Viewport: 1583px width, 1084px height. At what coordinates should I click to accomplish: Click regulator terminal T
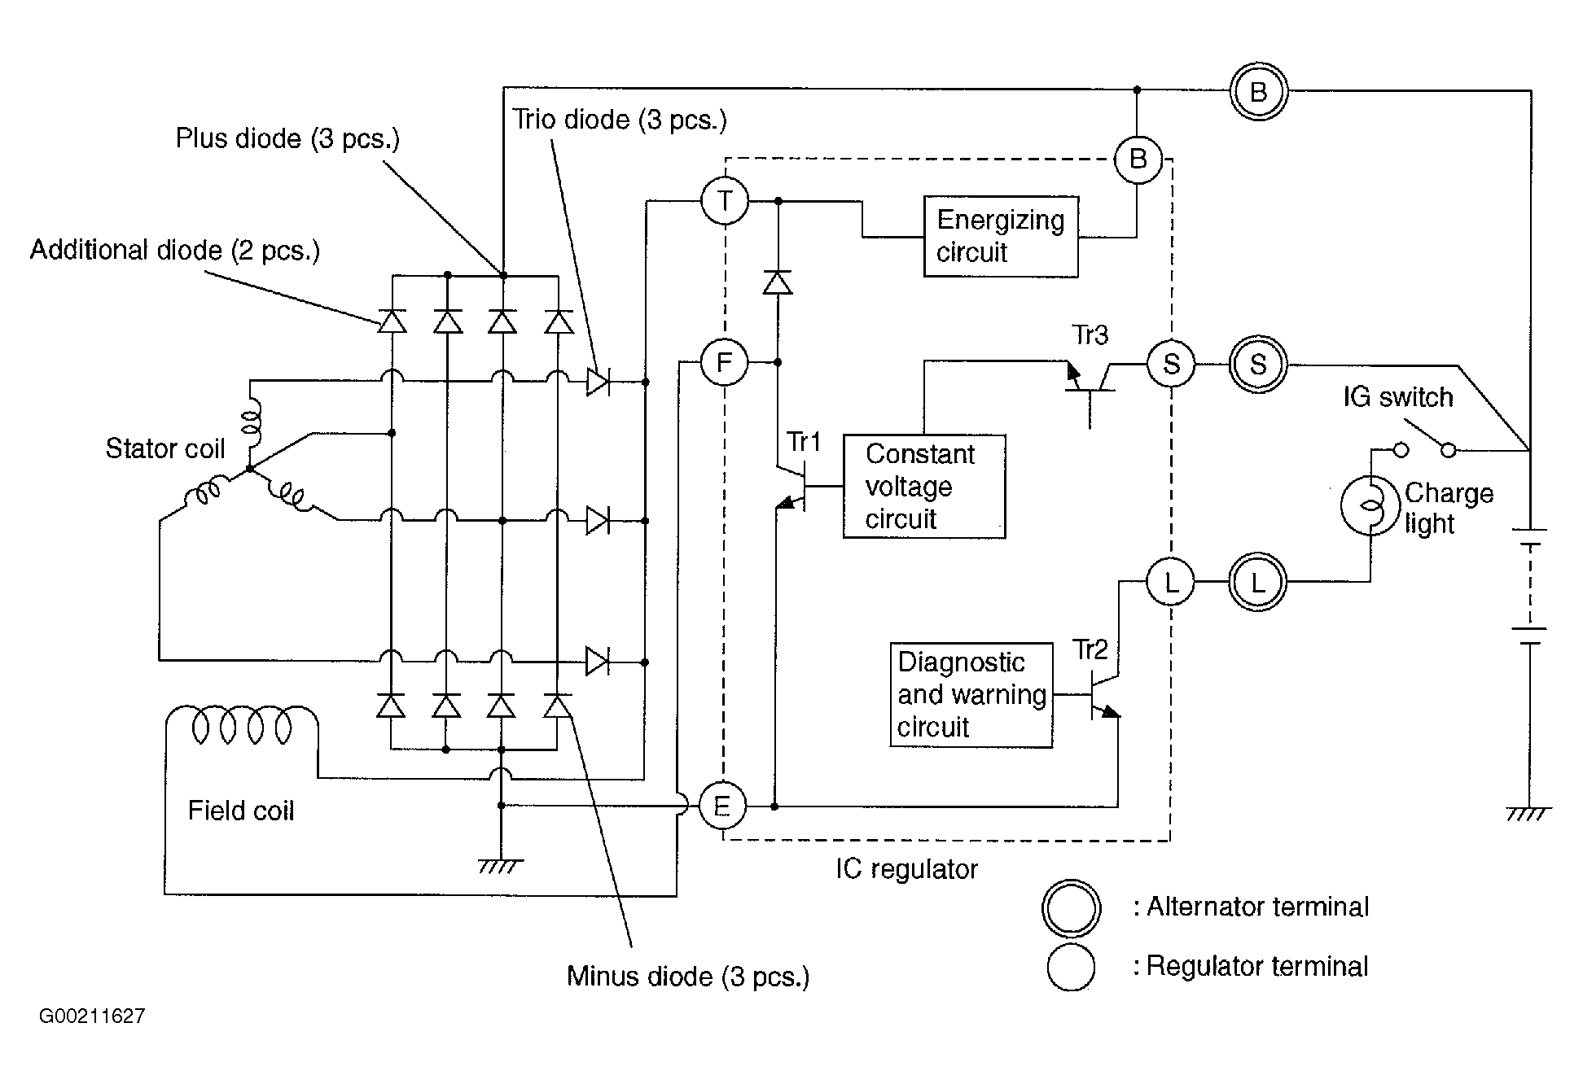725,200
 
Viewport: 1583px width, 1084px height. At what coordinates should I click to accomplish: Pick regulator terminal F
724,362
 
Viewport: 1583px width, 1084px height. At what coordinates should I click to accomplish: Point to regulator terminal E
722,806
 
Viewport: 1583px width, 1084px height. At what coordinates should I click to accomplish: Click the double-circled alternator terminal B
1258,91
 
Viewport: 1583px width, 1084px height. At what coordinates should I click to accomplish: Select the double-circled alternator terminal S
1258,364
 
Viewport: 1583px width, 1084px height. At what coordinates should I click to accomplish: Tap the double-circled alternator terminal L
1258,582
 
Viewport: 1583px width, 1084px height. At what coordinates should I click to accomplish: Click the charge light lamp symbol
1370,505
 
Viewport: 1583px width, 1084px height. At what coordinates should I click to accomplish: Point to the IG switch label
1398,397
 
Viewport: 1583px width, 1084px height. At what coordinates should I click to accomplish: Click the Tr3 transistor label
1090,334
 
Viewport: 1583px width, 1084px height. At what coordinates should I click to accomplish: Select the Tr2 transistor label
1090,649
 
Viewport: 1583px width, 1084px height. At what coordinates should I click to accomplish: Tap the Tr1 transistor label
803,442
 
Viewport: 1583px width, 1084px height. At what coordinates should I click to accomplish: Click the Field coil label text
241,811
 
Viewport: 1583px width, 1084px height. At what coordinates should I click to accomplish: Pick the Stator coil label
165,448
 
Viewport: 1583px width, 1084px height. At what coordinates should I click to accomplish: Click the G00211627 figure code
92,1016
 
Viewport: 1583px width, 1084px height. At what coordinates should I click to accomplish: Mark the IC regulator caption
906,869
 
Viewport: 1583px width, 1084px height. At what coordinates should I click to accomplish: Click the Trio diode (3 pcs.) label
620,120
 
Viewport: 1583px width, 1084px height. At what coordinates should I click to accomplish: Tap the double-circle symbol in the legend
1071,908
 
